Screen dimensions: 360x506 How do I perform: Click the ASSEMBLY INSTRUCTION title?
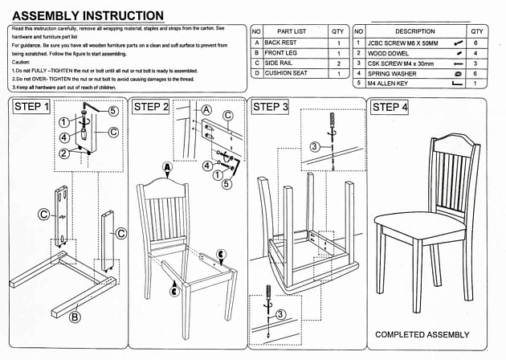(88, 15)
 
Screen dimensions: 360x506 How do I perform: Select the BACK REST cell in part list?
(281, 42)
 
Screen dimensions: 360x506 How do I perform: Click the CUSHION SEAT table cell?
(286, 73)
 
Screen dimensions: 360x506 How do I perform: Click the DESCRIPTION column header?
(414, 31)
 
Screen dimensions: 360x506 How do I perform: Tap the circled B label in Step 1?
(75, 317)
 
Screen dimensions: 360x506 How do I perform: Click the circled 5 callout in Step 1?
(112, 111)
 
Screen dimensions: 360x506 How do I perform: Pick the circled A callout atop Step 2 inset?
(206, 108)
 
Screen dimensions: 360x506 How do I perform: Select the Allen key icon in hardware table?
(458, 84)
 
